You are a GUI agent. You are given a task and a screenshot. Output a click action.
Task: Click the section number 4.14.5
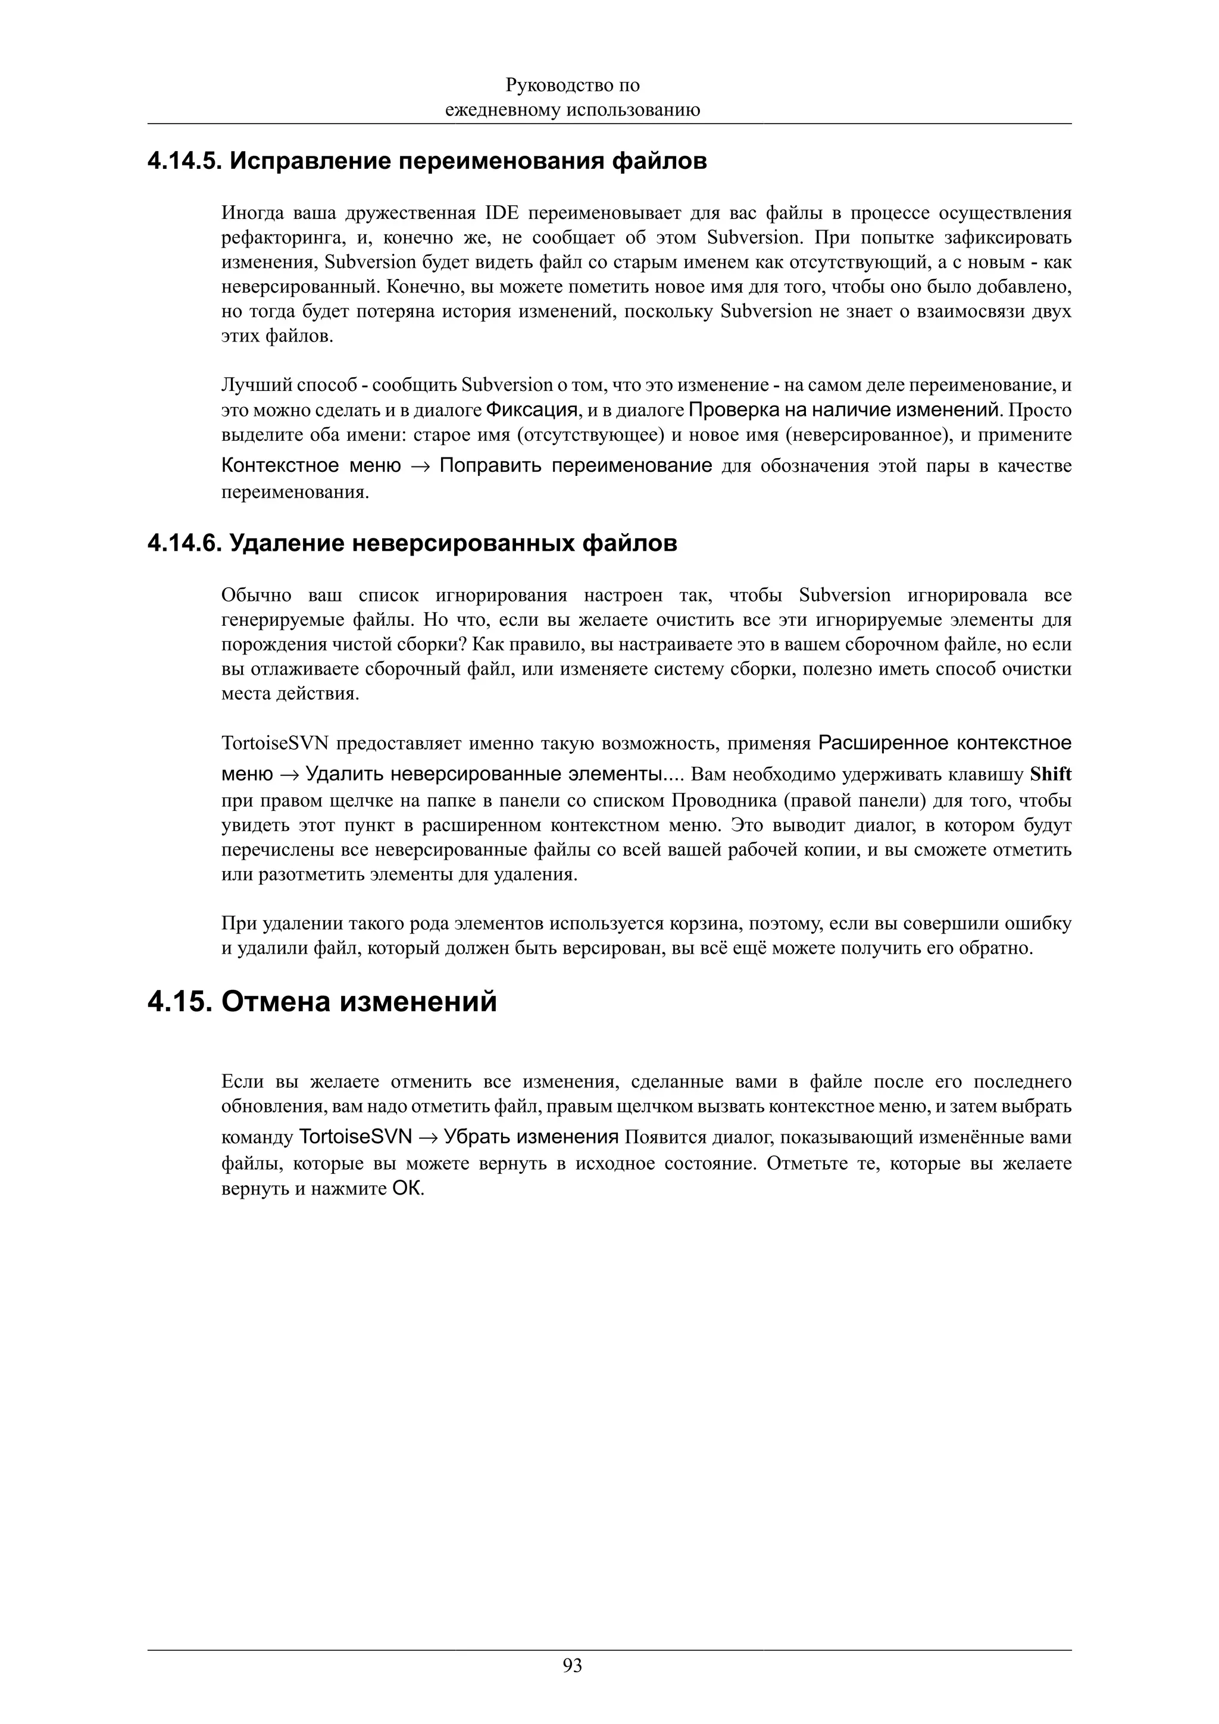pos(184,161)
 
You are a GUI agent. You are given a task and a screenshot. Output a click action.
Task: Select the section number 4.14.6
pos(184,543)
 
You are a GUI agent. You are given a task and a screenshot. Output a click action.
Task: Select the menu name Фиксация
pos(532,410)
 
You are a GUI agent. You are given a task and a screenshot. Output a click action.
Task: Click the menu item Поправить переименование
pos(576,466)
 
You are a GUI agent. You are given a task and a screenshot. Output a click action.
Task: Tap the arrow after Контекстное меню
pos(420,466)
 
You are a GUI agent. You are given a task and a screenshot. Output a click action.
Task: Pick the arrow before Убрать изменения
pos(428,1137)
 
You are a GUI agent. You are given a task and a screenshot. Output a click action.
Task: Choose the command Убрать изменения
pos(531,1137)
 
